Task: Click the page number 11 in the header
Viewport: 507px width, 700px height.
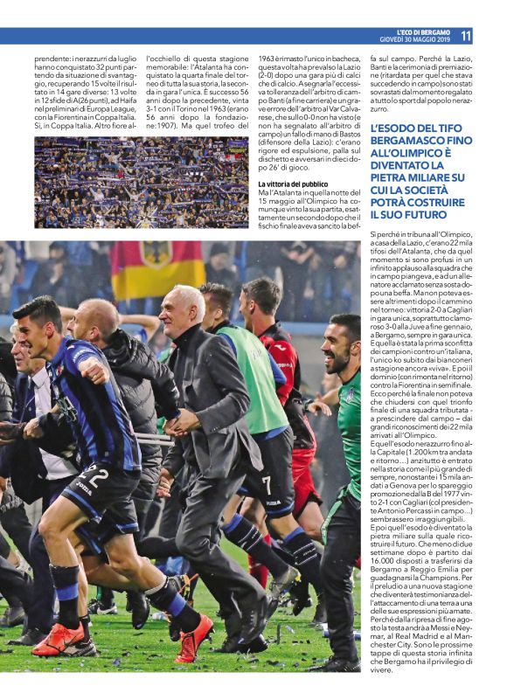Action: point(466,36)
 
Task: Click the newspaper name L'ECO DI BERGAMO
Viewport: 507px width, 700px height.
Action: point(421,31)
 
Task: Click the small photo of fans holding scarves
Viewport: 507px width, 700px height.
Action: point(142,182)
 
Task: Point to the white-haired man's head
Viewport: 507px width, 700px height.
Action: point(186,306)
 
